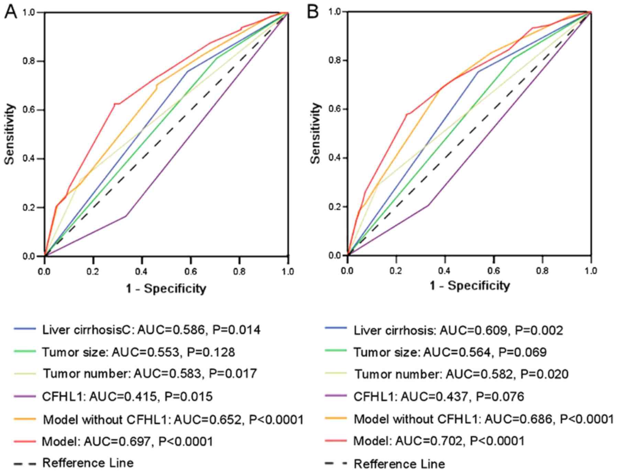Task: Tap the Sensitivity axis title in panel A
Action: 10,134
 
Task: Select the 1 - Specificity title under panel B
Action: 470,285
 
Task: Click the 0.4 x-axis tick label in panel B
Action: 445,271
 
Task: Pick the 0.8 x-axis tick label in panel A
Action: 239,272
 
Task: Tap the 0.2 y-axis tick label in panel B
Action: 334,207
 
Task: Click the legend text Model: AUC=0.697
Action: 127,441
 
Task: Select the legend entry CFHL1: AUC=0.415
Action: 127,397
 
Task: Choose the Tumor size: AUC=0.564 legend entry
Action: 450,352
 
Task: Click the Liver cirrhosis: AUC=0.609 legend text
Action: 458,330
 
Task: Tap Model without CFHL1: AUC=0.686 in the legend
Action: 484,419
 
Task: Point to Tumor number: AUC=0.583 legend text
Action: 150,374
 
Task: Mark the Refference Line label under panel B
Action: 399,464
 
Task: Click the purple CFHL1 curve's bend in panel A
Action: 126,216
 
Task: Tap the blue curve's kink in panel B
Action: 478,71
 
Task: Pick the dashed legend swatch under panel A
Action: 25,464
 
